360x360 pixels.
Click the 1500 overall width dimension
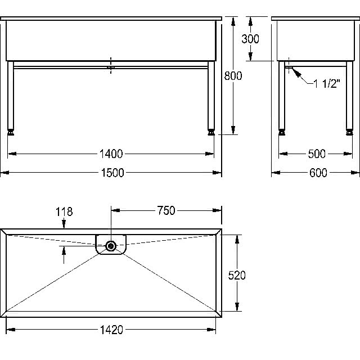coord(112,173)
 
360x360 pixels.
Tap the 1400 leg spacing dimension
coord(111,154)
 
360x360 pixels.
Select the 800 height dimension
coord(233,76)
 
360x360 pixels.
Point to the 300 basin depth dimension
coord(250,39)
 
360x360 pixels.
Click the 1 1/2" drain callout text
coord(327,84)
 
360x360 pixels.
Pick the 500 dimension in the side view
coord(317,154)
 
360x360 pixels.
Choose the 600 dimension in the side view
coord(318,173)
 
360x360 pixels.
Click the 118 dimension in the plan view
coord(64,211)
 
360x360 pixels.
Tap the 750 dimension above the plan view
coord(166,210)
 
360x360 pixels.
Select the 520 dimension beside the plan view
coord(237,275)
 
